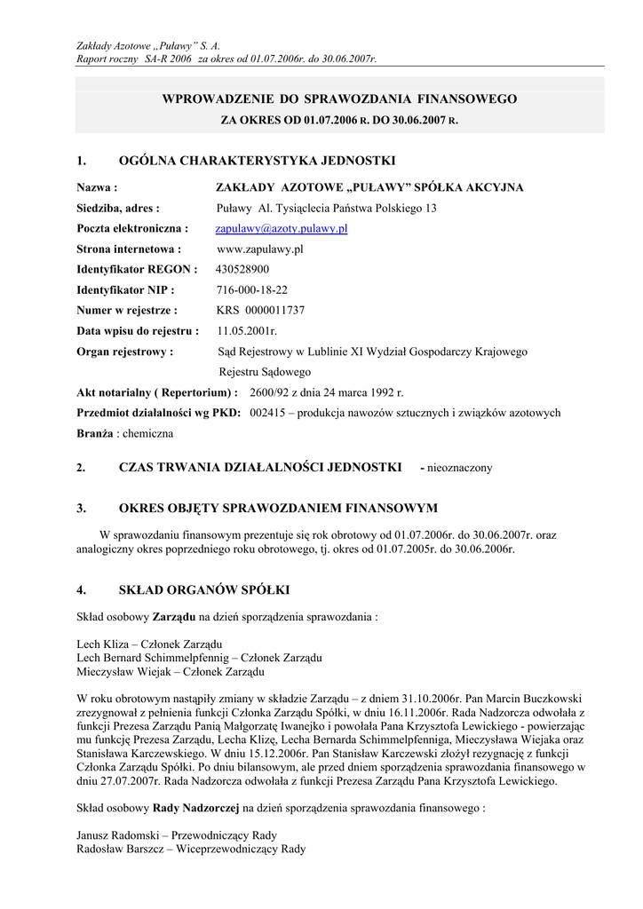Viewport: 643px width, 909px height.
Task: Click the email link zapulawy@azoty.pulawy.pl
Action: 282,229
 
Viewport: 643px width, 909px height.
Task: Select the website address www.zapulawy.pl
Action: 260,249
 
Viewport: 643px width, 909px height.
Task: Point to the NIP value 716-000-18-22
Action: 252,290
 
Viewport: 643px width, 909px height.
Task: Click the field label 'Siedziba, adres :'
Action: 118,209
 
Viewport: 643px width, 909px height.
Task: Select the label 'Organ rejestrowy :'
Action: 125,352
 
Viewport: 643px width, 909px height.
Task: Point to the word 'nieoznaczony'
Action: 460,468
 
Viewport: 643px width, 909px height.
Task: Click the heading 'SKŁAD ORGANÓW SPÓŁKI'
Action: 204,589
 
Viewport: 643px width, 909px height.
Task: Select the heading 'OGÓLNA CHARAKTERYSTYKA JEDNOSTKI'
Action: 257,161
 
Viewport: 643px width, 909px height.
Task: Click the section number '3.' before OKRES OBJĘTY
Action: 81,509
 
